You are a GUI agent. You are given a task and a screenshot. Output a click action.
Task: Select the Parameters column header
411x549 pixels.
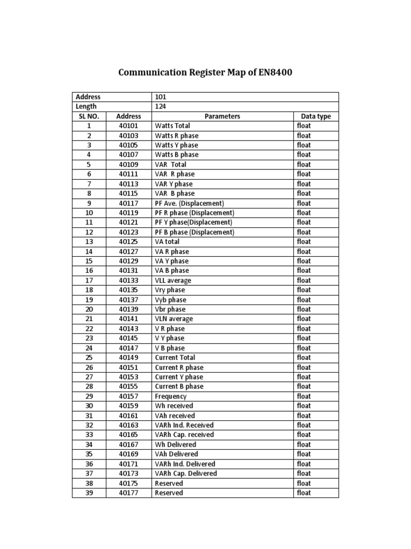(x=222, y=116)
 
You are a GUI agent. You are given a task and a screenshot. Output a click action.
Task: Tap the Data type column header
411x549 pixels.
(x=316, y=116)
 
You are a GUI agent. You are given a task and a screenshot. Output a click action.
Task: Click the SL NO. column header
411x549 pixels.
(x=89, y=116)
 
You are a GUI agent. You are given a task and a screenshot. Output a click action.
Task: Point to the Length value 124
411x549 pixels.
(x=160, y=107)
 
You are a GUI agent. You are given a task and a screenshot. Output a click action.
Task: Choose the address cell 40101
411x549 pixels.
(x=128, y=126)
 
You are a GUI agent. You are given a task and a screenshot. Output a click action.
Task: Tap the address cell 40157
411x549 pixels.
(x=128, y=396)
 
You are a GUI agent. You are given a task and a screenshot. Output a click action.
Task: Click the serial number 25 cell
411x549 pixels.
(x=89, y=358)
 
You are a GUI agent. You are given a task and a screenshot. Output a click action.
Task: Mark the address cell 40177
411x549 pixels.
(x=128, y=493)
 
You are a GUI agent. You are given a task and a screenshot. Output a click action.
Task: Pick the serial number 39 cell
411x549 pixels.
(x=89, y=493)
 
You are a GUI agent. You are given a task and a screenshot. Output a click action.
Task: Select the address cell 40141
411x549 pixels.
(x=128, y=319)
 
